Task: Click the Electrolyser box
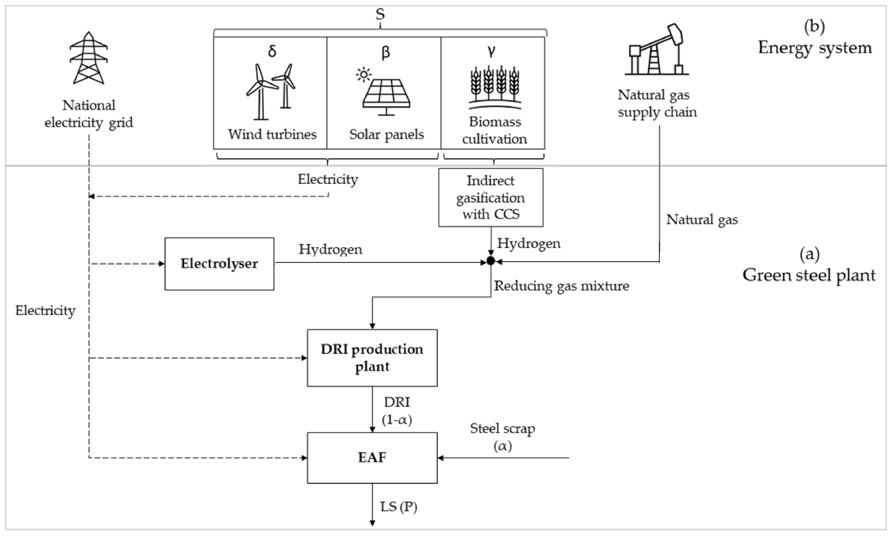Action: click(x=219, y=264)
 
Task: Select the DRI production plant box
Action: click(x=372, y=358)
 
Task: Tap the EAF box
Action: click(x=372, y=458)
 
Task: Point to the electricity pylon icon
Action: click(x=89, y=58)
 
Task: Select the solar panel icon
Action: click(x=385, y=92)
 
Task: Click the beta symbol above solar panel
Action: click(x=385, y=52)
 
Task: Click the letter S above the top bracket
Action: click(x=380, y=14)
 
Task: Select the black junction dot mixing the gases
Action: click(x=490, y=260)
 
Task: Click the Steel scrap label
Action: click(x=502, y=429)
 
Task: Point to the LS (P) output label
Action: click(x=398, y=507)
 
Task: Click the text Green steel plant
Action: click(x=809, y=275)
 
